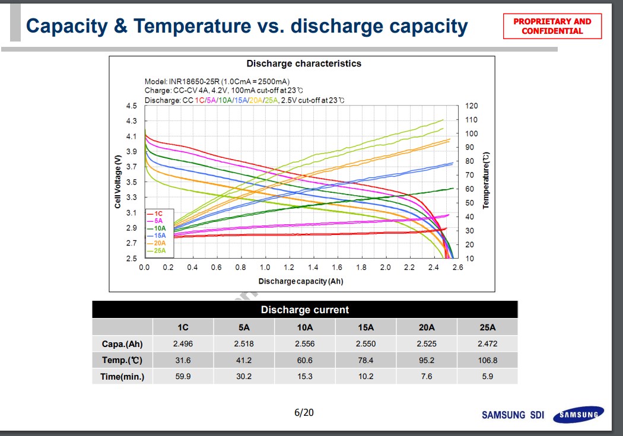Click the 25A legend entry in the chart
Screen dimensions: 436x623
[159, 251]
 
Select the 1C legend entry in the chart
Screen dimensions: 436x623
[158, 213]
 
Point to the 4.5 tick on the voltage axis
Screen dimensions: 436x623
[131, 106]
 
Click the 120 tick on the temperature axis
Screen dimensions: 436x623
[472, 106]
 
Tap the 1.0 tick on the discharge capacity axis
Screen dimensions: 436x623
[265, 268]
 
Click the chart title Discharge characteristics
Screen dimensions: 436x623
[303, 63]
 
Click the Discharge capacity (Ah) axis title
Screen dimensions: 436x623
[300, 281]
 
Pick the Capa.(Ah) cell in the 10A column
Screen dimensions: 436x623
[304, 343]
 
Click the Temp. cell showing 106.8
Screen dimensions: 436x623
[487, 360]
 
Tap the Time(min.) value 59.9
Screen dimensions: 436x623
[183, 376]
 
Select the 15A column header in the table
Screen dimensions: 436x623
[365, 327]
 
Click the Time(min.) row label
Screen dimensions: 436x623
[122, 376]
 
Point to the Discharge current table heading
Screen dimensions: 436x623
[304, 310]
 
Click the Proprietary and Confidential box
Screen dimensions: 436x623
[552, 26]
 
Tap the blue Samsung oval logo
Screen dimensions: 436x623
[578, 415]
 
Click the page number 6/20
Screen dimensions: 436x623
[304, 412]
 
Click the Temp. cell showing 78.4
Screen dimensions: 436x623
[365, 360]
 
